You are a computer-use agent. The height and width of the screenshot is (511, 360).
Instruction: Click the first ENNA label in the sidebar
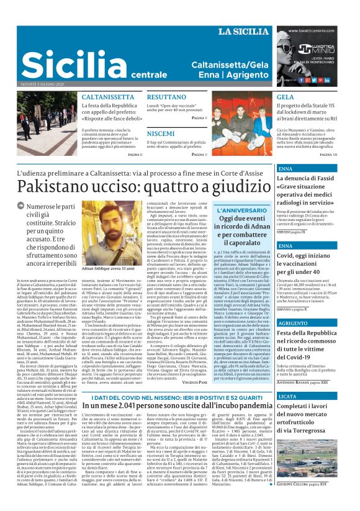click(x=268, y=169)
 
